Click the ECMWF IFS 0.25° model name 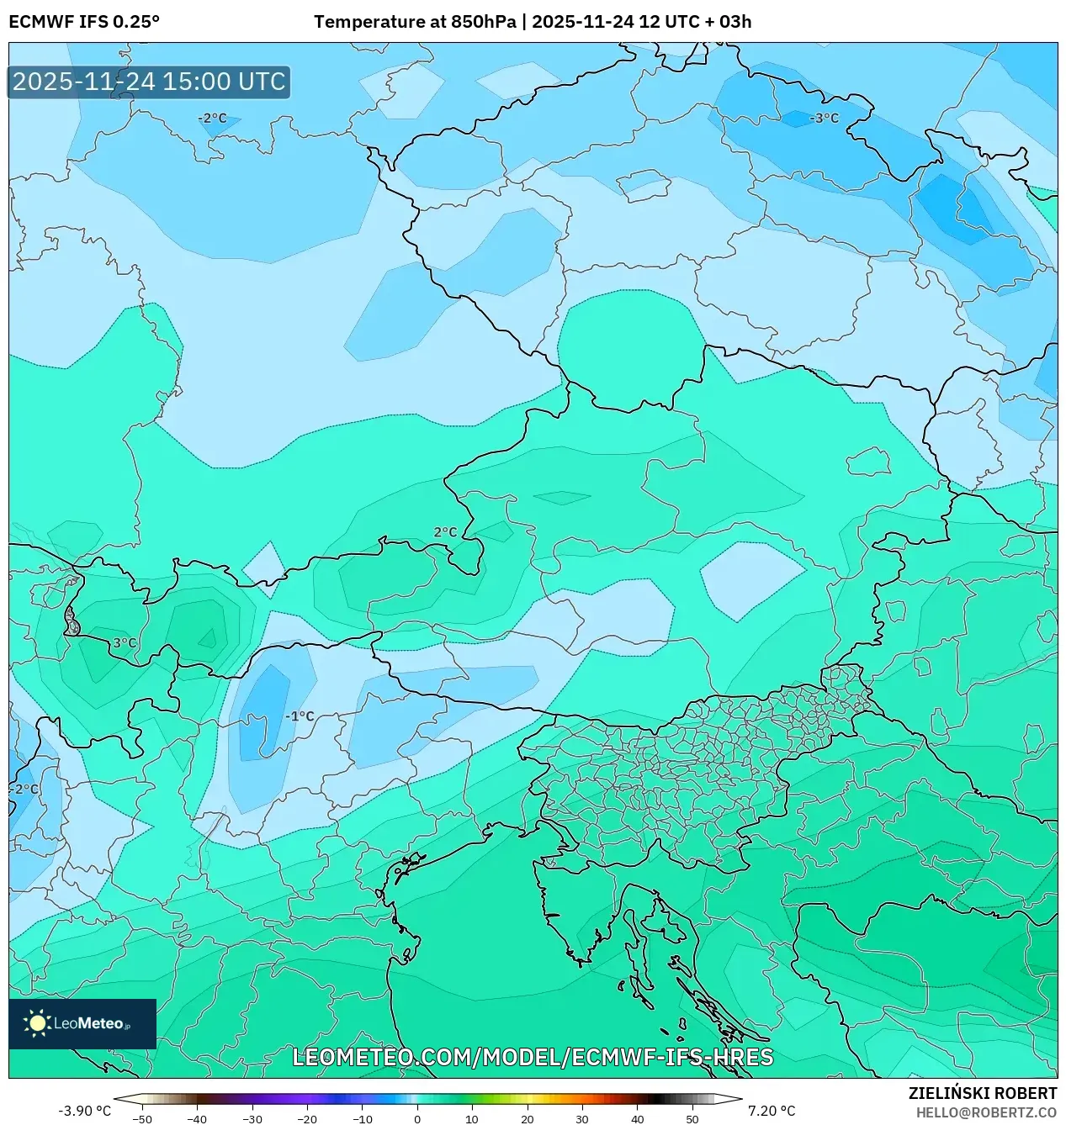[84, 22]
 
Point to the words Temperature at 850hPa [415, 22]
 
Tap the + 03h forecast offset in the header [729, 22]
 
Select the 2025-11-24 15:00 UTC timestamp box [149, 82]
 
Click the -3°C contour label [824, 119]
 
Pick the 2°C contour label [445, 532]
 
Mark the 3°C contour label [125, 643]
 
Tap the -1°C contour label [300, 716]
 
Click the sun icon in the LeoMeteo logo [37, 1023]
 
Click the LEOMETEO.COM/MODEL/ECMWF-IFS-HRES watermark [533, 1057]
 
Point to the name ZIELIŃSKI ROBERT [982, 1093]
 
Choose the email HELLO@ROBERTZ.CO [986, 1112]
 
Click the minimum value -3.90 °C [84, 1111]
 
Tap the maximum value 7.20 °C [772, 1111]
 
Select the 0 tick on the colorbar [417, 1119]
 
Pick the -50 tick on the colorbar [142, 1119]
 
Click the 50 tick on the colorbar [692, 1119]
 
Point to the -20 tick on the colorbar [307, 1119]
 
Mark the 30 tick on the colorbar [582, 1119]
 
